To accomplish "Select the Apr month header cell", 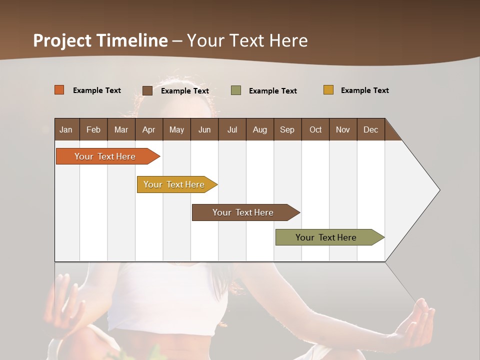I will tap(149, 129).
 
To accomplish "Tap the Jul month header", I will tap(232, 129).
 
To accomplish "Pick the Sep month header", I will tap(287, 129).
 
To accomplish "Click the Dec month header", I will tap(370, 129).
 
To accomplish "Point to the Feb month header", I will tap(93, 129).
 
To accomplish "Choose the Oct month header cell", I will tap(315, 129).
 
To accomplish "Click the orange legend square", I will tap(59, 90).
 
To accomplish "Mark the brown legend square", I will tap(147, 90).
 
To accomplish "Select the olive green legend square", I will tap(236, 90).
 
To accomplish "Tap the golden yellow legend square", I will tap(328, 90).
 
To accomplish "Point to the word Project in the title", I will tap(62, 40).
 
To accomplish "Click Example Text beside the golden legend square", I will tap(364, 90).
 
